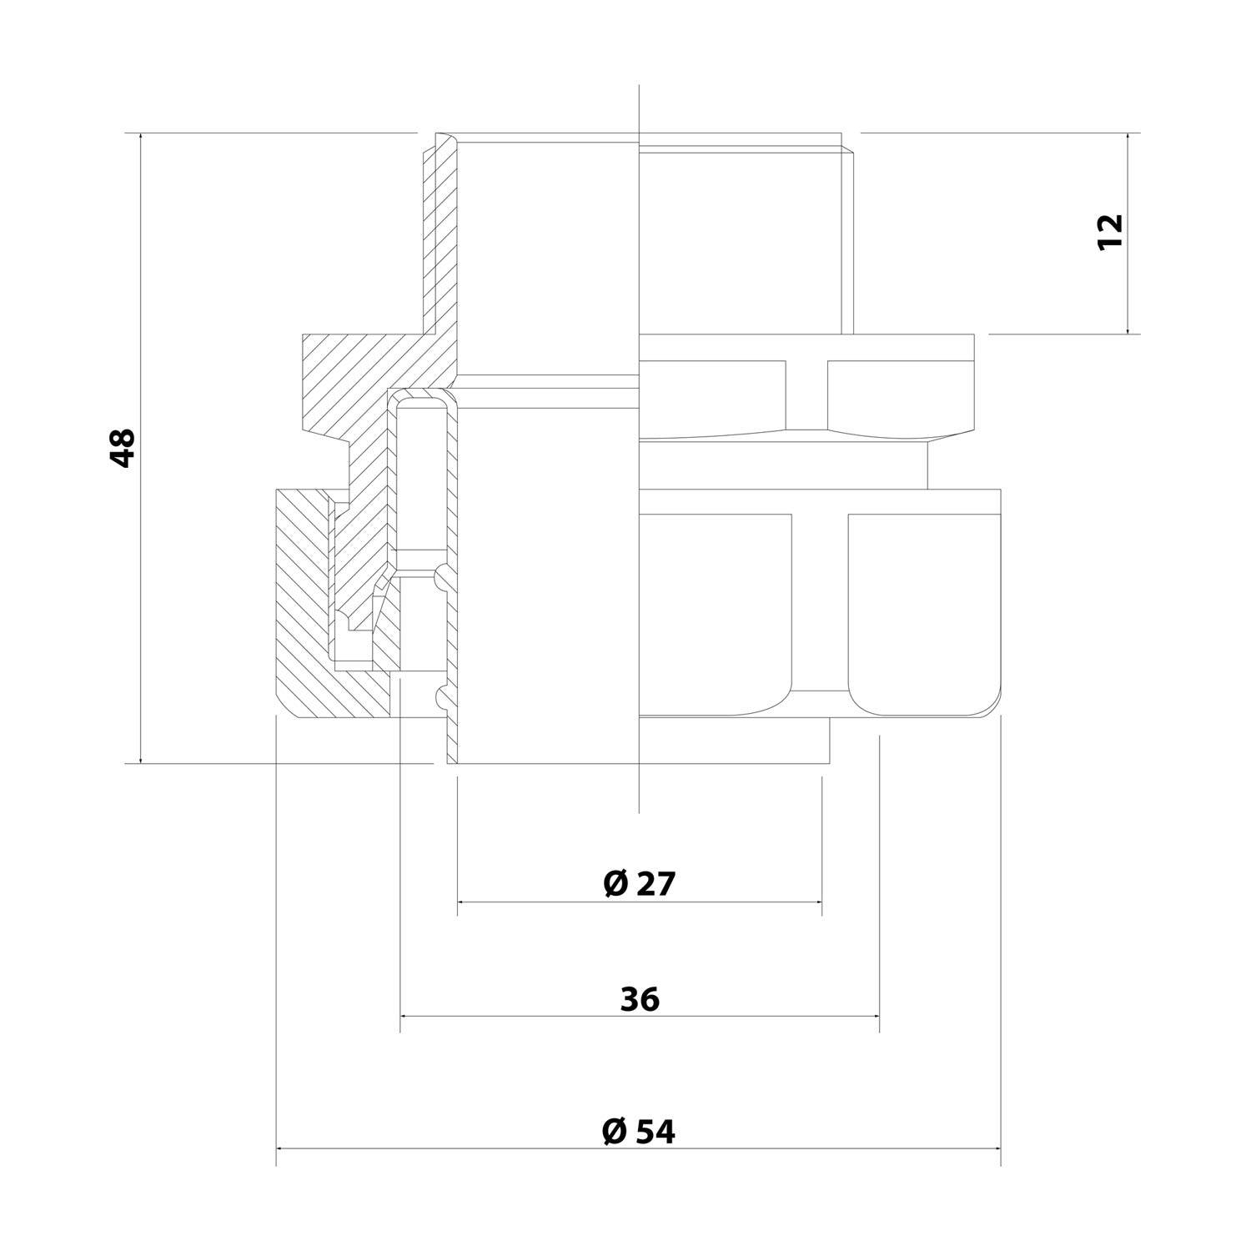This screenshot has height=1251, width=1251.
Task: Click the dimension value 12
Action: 1110,232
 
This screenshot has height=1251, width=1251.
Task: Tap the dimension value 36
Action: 640,998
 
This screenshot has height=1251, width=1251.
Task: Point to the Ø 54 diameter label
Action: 638,1132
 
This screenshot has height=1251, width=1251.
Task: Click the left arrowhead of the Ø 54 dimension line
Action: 280,1148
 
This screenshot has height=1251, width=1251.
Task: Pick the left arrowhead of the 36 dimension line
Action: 405,1016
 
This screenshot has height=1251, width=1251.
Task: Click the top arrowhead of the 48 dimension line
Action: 141,137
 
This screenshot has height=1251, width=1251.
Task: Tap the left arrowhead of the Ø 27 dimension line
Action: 462,902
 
